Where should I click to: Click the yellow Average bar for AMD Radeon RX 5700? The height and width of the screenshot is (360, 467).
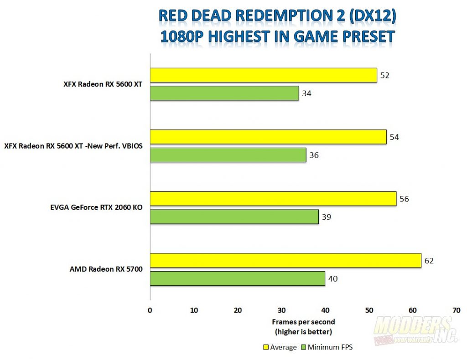pyautogui.click(x=285, y=261)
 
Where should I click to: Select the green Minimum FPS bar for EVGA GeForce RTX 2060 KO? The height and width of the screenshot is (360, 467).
pyautogui.click(x=234, y=217)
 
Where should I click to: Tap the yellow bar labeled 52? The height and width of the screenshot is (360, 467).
pyautogui.click(x=263, y=75)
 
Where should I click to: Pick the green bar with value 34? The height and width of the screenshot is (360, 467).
pyautogui.click(x=224, y=93)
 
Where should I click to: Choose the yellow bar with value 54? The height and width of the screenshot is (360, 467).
pyautogui.click(x=268, y=137)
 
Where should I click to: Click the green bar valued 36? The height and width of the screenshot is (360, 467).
pyautogui.click(x=228, y=155)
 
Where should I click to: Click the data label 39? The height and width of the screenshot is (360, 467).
pyautogui.click(x=326, y=217)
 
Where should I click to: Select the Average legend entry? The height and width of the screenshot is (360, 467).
pyautogui.click(x=280, y=347)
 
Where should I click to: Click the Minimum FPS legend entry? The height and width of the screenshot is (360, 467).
pyautogui.click(x=327, y=347)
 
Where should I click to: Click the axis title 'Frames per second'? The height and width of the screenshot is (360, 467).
pyautogui.click(x=303, y=322)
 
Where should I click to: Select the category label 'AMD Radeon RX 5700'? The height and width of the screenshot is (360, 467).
pyautogui.click(x=106, y=269)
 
